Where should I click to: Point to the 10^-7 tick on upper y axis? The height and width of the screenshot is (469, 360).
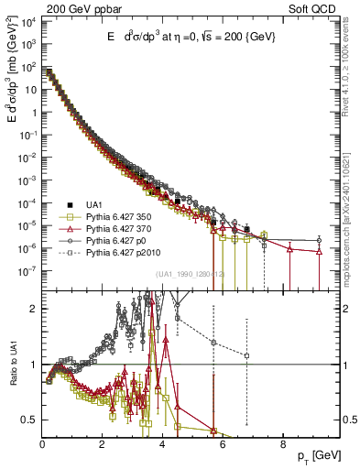tap(28, 270)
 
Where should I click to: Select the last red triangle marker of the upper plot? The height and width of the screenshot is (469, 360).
tap(319, 251)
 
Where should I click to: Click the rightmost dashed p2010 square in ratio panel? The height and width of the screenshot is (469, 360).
tap(246, 355)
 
